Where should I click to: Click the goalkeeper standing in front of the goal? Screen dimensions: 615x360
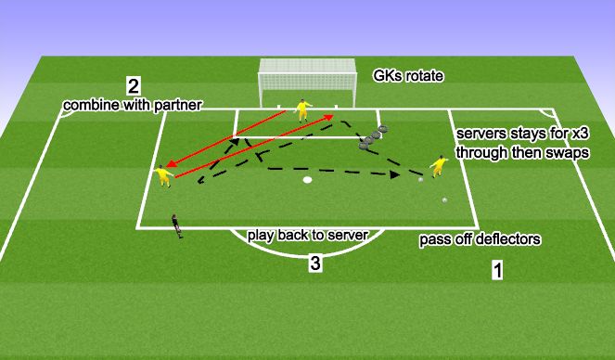click(301, 110)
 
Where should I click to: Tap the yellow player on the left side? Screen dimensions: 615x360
click(164, 174)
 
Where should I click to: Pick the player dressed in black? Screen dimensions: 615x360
click(176, 226)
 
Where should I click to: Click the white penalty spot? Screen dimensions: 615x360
click(307, 180)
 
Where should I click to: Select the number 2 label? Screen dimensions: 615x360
click(134, 86)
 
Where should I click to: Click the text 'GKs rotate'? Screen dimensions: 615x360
click(408, 76)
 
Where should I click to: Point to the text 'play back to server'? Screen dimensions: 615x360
click(308, 235)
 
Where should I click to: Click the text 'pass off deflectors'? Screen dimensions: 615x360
click(480, 239)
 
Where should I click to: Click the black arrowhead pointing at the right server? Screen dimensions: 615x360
click(395, 173)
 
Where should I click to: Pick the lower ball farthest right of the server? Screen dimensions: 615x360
click(444, 199)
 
